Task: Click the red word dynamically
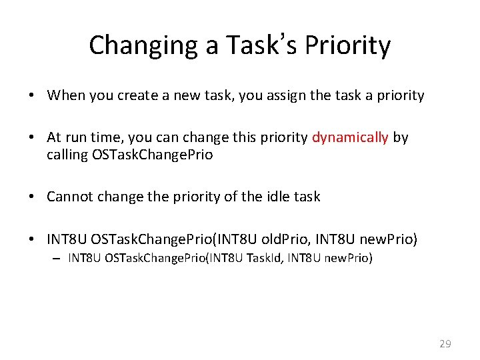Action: (350, 137)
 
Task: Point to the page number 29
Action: (445, 344)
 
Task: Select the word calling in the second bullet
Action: (67, 155)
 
